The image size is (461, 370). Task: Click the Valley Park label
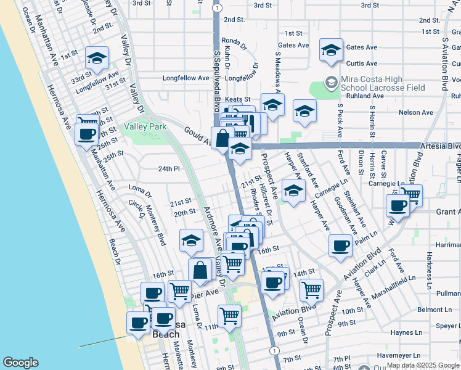(145, 126)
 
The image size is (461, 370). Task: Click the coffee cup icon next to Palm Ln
(340, 247)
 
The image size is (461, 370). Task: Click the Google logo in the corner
(20, 363)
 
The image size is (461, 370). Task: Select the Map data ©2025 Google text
(423, 365)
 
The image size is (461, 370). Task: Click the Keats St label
(237, 99)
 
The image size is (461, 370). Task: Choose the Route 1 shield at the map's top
(217, 7)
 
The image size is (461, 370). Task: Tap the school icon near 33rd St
(97, 58)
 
